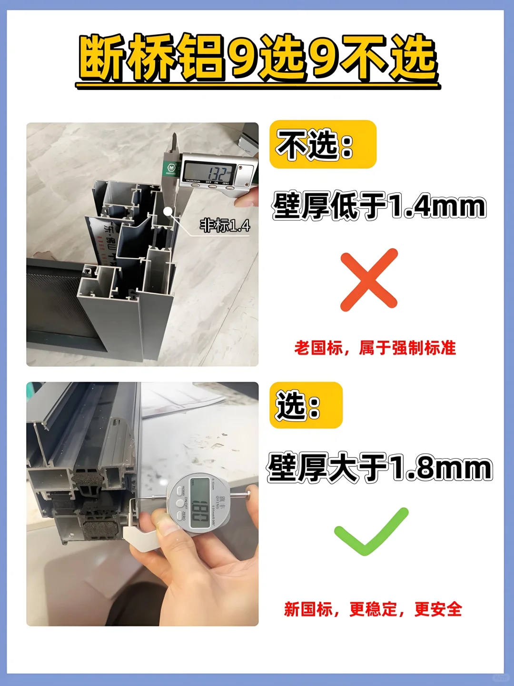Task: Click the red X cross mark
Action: [369, 280]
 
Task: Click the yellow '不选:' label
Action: [323, 144]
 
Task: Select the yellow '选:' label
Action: [306, 405]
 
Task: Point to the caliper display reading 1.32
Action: [209, 171]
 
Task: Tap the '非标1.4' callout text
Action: [225, 225]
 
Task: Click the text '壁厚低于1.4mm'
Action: [379, 206]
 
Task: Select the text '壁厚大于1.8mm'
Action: [379, 468]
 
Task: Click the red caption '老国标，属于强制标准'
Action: [375, 348]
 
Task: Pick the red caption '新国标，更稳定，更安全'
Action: [373, 609]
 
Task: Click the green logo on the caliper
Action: [170, 168]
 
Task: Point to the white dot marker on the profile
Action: [168, 210]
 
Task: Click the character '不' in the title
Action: [364, 58]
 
